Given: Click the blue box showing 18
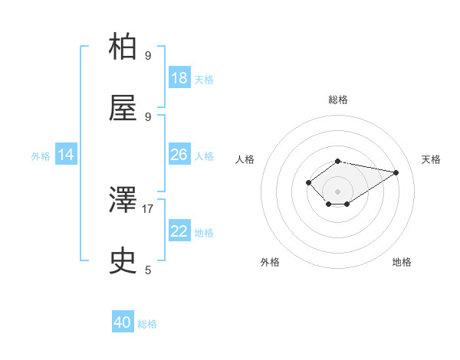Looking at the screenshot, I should [179, 78].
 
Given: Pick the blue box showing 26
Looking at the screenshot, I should [179, 155].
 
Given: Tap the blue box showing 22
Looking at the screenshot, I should [179, 231].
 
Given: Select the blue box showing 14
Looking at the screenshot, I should [66, 155].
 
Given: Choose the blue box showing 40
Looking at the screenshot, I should [123, 322].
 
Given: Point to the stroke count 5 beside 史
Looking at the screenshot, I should [148, 270].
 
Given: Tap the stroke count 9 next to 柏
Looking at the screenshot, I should [148, 55].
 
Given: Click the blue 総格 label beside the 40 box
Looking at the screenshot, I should [147, 324].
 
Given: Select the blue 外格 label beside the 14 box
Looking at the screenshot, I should [41, 155].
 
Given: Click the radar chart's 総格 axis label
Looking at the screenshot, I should [338, 100].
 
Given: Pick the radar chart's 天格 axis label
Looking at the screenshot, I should [431, 159].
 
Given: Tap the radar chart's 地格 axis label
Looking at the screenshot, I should [402, 262].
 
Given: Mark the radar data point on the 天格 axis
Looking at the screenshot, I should [396, 172].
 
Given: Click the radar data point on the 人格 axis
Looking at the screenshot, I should [308, 182].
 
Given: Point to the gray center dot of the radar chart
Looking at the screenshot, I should [338, 191].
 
